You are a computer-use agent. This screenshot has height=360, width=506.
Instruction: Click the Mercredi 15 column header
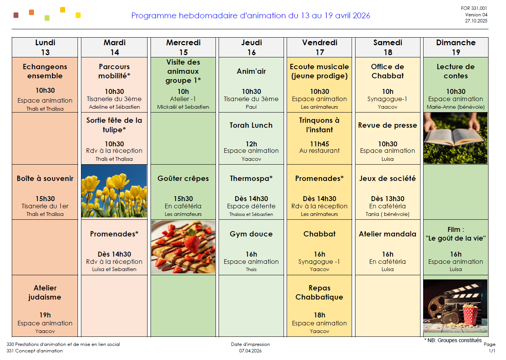coord(183,48)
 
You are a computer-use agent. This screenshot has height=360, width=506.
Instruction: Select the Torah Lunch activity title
coord(251,125)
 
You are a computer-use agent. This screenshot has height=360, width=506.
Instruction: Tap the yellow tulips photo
coord(114,191)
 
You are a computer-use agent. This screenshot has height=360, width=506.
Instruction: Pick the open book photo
coord(455,138)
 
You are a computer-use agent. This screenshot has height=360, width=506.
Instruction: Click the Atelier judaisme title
coord(45,292)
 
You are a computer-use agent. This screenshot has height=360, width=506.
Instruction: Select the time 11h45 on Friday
coord(319,144)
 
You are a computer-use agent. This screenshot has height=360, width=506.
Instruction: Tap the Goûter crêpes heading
coord(183,178)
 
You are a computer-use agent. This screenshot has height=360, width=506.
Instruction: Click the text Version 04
coord(476,15)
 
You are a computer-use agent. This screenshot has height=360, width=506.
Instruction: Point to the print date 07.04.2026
coord(250,351)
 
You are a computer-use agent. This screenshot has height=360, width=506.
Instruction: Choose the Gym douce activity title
coord(251,234)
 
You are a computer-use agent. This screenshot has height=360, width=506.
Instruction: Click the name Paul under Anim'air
coord(251,107)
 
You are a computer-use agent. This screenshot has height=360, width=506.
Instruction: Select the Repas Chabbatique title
coord(319,292)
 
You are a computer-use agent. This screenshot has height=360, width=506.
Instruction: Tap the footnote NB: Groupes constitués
coord(453,340)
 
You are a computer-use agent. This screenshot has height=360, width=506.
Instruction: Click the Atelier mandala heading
coord(387,234)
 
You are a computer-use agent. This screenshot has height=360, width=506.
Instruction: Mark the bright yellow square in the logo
coord(78,15)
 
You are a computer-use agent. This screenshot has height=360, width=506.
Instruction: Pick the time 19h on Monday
coord(45,315)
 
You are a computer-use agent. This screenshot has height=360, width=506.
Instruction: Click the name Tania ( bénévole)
coord(387,214)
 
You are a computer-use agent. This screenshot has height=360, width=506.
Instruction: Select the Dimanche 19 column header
coord(455,48)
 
